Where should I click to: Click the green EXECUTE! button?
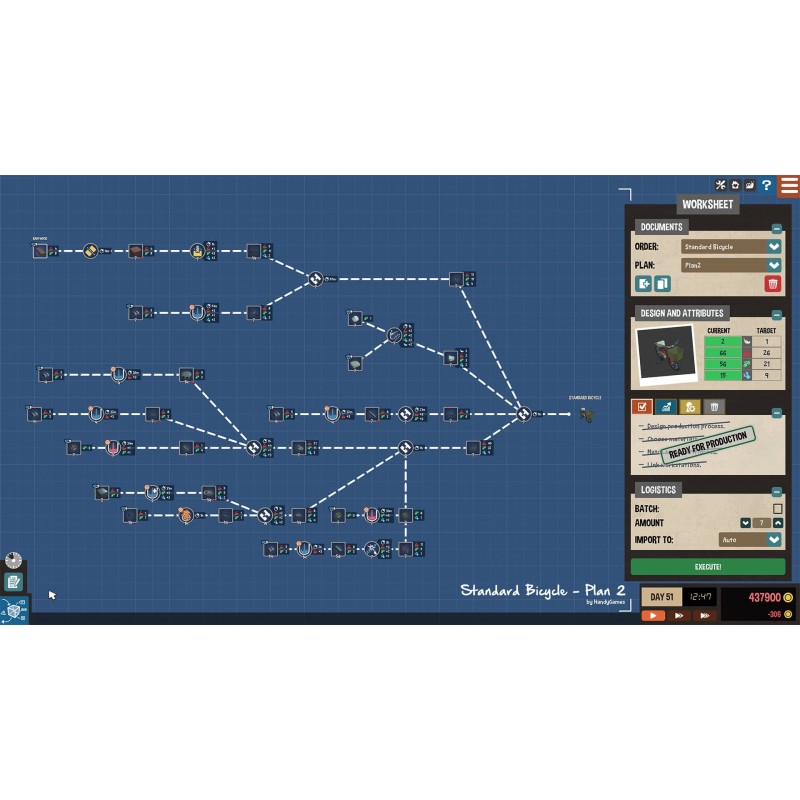[707, 566]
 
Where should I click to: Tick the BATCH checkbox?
[777, 509]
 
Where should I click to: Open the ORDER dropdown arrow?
[774, 247]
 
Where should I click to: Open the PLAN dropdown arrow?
[774, 265]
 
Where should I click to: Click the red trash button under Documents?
[772, 284]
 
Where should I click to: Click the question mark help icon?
[766, 185]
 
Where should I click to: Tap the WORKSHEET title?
[707, 204]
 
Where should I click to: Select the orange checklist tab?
[642, 407]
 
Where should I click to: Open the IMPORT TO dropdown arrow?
[774, 540]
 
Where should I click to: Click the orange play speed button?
[653, 615]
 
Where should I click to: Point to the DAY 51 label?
[662, 597]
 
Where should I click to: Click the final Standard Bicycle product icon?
[586, 413]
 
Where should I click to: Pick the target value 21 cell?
[765, 364]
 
